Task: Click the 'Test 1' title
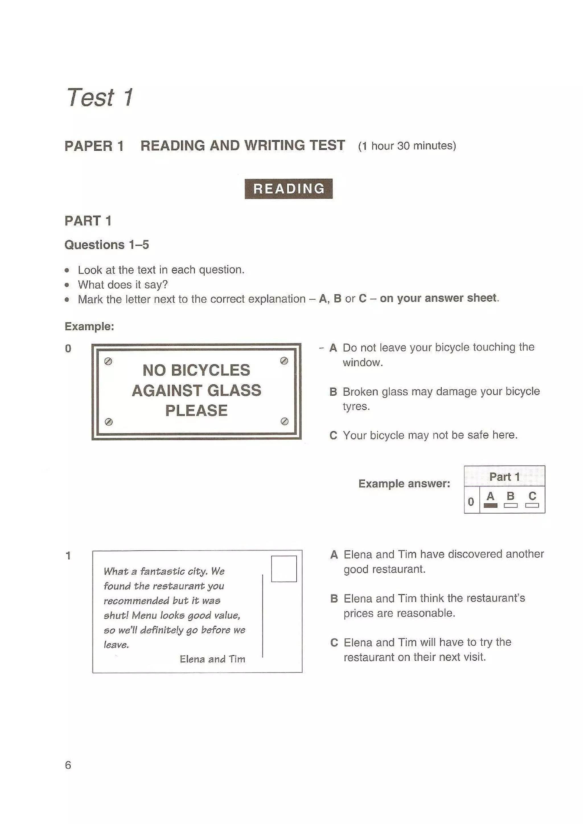[100, 98]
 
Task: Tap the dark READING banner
[288, 189]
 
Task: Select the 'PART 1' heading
[88, 221]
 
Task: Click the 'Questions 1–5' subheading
[107, 245]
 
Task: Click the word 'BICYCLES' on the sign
[210, 370]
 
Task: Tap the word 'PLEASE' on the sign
[196, 411]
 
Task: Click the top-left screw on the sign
[108, 361]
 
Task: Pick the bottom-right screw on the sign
[284, 421]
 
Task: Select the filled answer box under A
[490, 505]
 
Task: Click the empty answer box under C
[532, 505]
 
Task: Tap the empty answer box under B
[510, 505]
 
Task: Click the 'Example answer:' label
[404, 483]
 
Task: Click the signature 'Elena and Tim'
[212, 659]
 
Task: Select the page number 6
[68, 765]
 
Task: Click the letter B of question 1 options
[334, 599]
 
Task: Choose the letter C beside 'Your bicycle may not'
[333, 435]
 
